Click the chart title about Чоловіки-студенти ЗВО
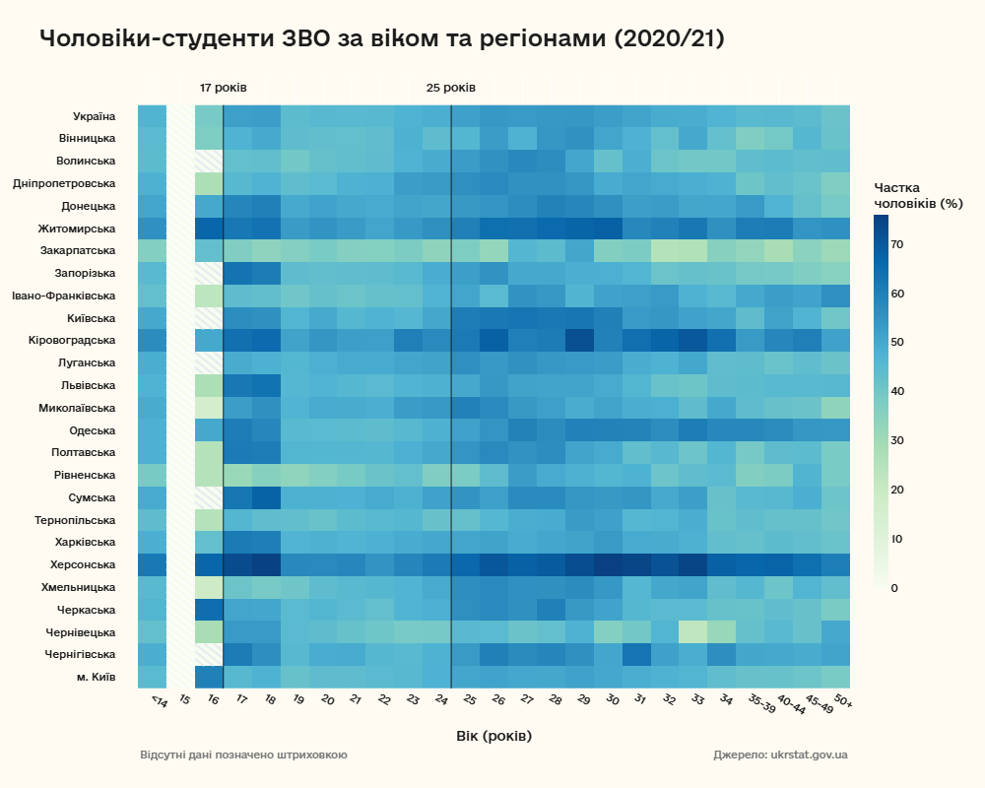coord(382,39)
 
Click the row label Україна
coord(94,116)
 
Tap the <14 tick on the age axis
coord(158,702)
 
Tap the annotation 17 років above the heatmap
coord(224,88)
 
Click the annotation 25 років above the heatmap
coord(451,88)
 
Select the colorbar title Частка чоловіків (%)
coord(918,195)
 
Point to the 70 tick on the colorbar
coord(897,244)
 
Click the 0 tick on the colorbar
coord(893,588)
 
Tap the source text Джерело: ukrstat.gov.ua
coord(780,755)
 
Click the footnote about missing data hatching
coord(243,755)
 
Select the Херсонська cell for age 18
coord(266,564)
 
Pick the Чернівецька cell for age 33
coord(692,631)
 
